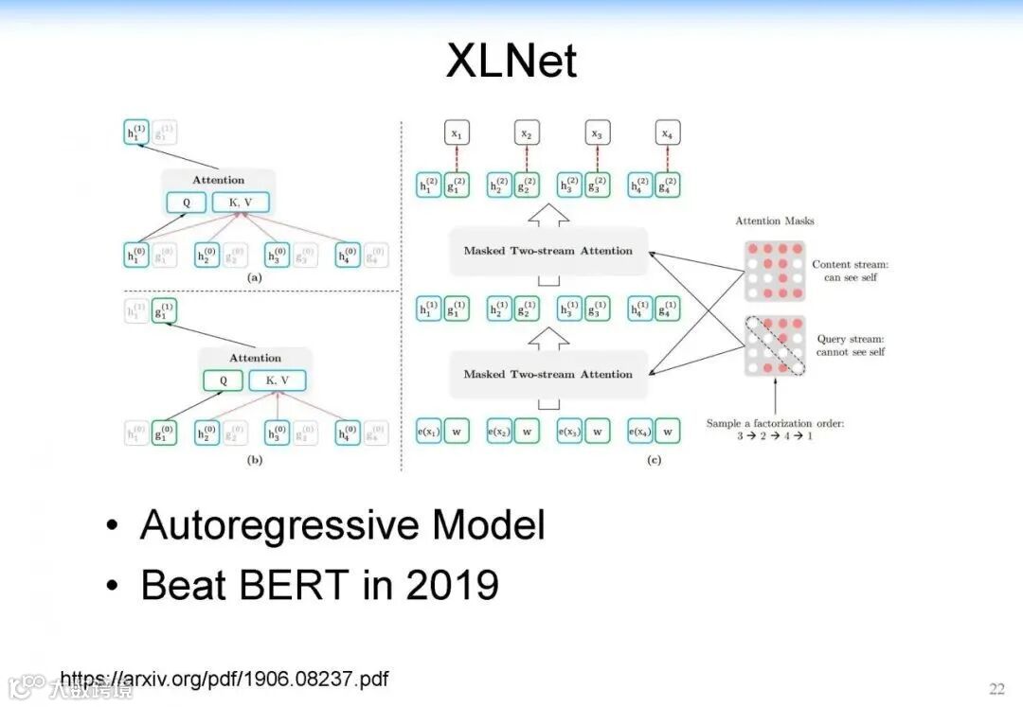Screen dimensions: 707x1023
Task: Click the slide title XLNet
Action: pyautogui.click(x=511, y=62)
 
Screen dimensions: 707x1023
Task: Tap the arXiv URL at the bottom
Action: pyautogui.click(x=224, y=679)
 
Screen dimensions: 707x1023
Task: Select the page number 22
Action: pyautogui.click(x=996, y=688)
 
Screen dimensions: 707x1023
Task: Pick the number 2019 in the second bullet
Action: pyautogui.click(x=452, y=585)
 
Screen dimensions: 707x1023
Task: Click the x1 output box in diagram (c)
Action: pyautogui.click(x=457, y=133)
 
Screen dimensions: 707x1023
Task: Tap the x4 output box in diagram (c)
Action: pyautogui.click(x=668, y=133)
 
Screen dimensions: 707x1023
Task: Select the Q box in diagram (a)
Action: pyautogui.click(x=186, y=202)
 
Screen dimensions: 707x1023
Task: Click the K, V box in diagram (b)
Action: pyautogui.click(x=278, y=380)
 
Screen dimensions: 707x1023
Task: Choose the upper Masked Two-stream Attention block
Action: pyautogui.click(x=547, y=251)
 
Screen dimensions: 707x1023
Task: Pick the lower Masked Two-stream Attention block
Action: pyautogui.click(x=547, y=374)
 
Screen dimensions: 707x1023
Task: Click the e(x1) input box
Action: pyautogui.click(x=429, y=432)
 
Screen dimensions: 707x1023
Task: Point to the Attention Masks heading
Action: pyautogui.click(x=774, y=221)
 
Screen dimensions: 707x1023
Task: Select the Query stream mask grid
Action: pyautogui.click(x=774, y=345)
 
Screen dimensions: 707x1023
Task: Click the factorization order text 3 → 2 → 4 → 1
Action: pyautogui.click(x=774, y=436)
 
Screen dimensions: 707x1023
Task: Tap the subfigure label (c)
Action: pyautogui.click(x=654, y=460)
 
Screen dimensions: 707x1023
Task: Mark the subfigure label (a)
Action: pyautogui.click(x=254, y=278)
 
